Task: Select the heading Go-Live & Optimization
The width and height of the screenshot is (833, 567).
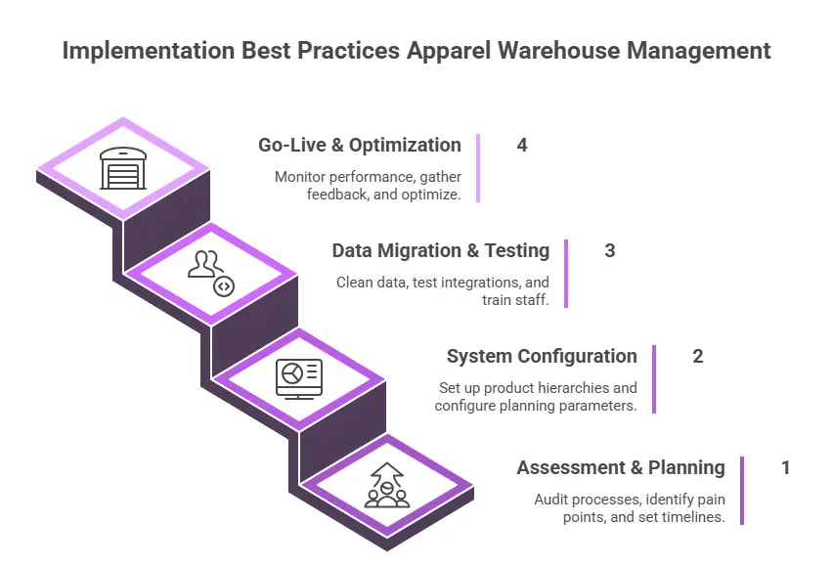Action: point(359,145)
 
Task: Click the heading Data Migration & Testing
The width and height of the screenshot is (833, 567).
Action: point(440,250)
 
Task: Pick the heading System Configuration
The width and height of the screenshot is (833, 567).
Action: point(542,356)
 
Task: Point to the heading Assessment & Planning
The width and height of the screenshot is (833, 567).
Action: point(621,467)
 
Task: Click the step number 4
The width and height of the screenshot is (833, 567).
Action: point(522,145)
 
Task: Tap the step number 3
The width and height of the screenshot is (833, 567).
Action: point(610,250)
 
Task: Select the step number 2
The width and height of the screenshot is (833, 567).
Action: point(698,356)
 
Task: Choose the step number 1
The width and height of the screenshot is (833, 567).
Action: point(785,467)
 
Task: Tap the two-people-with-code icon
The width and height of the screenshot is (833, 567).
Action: point(211,273)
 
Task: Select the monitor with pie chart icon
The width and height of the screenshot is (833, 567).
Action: point(298,377)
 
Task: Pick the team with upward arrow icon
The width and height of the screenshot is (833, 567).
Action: point(386,484)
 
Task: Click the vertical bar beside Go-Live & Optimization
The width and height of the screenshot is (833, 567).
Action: point(478,168)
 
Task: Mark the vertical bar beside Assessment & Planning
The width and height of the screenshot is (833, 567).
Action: point(742,490)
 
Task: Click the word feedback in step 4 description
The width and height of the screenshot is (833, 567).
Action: point(335,195)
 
